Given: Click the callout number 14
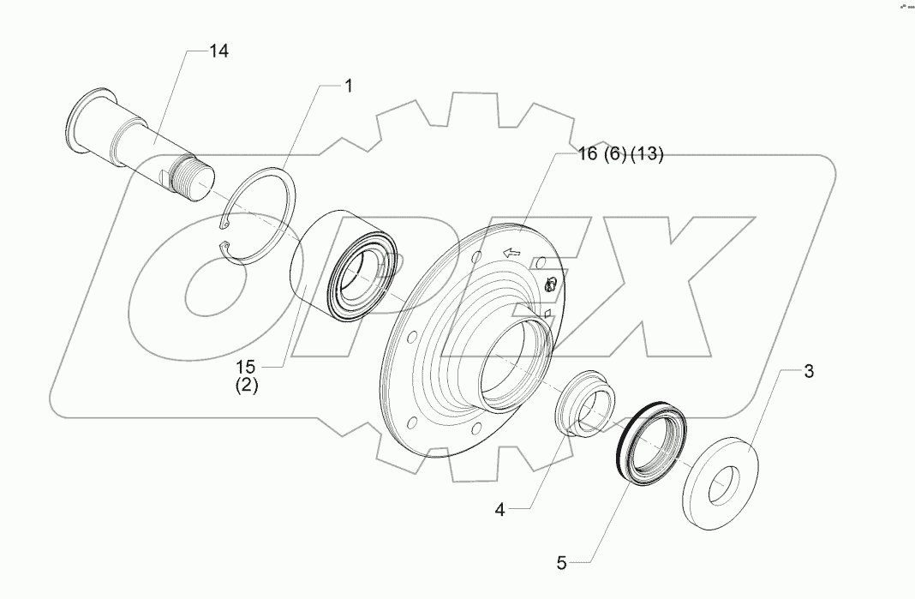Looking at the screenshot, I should (218, 51).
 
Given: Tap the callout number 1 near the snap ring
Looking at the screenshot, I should (349, 85).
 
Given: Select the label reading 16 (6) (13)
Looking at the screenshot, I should (608, 154).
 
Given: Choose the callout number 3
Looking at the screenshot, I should (809, 372).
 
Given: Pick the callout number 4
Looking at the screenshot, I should (499, 510).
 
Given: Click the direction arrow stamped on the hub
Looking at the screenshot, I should (511, 252).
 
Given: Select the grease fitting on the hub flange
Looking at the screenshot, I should (553, 283).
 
